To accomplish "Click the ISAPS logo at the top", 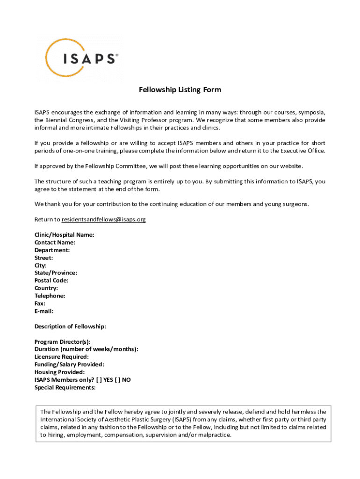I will (79, 58).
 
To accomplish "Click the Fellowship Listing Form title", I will (180, 90).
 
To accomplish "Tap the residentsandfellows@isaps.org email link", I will (104, 219).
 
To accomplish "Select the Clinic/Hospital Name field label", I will (64, 235).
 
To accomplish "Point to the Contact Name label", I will (55, 242).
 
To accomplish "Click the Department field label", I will (52, 250).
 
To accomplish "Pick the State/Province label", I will (56, 273).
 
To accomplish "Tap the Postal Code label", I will (51, 281).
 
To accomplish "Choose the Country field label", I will (46, 288).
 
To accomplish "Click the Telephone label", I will (50, 296).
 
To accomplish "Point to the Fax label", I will (40, 303).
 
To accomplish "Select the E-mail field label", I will (44, 311).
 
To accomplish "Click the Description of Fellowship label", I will (70, 327).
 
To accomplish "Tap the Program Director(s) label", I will (63, 341).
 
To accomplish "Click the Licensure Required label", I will (61, 357).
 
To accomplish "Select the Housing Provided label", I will (59, 372).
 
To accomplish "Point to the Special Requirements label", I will (65, 387).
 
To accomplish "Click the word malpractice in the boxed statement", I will (214, 435).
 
